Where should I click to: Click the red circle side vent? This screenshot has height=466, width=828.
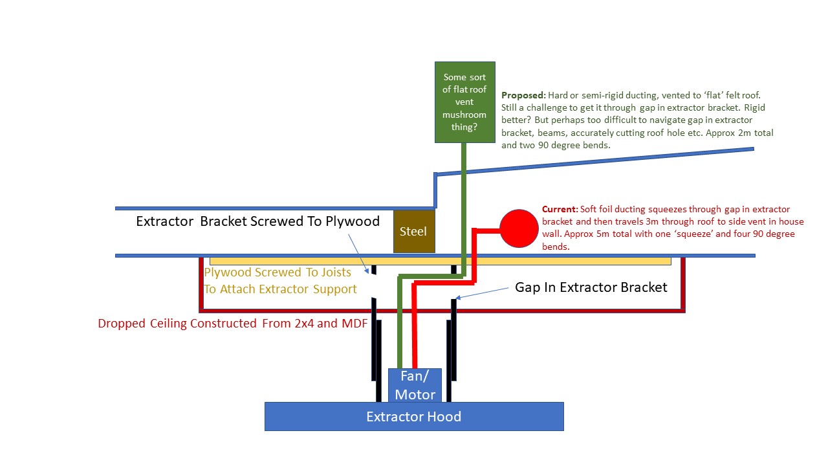(519, 228)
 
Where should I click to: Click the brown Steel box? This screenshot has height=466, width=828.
(414, 232)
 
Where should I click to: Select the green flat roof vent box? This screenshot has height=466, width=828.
(465, 102)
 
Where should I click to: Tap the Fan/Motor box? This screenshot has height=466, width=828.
(415, 385)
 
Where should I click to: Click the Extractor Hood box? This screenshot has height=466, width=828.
(414, 416)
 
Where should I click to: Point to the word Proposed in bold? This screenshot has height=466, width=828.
(523, 95)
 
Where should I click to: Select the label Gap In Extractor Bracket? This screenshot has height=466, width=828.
(591, 287)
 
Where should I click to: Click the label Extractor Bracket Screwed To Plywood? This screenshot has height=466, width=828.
(257, 221)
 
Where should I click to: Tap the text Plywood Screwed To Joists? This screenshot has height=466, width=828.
(278, 272)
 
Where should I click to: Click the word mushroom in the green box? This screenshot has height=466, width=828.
(464, 115)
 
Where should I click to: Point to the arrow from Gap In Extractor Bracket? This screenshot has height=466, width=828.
(482, 293)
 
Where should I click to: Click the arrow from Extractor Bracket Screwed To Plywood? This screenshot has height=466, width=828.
(358, 254)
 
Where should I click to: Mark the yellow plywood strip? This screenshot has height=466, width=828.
(441, 261)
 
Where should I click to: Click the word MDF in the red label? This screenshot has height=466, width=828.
(354, 323)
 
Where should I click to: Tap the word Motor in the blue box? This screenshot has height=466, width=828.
(415, 395)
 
